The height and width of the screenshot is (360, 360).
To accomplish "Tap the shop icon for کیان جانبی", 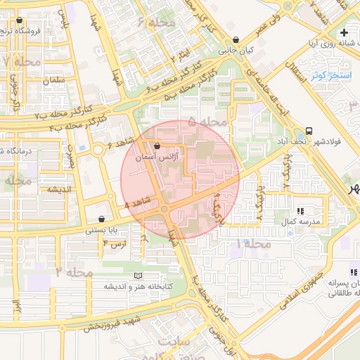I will pos(235,39).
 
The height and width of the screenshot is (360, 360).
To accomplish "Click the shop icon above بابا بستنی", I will pos(103,219).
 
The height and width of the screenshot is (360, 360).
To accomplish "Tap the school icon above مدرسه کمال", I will pos(301,210).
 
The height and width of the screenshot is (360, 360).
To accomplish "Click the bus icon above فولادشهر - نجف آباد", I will pos(309,131).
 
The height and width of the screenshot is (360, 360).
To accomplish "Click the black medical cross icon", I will pos(343,33).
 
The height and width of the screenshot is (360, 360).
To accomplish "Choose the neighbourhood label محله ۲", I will pos(74,271).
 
